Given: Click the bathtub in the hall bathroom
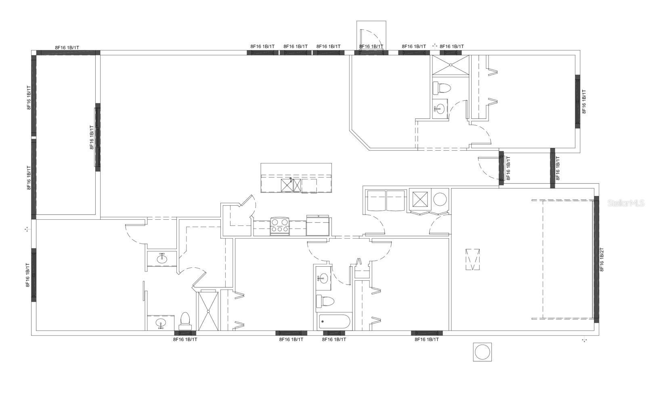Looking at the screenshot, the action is (x=335, y=322).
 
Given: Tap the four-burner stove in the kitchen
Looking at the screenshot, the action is (x=280, y=226).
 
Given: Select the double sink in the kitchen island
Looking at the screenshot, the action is (x=291, y=185).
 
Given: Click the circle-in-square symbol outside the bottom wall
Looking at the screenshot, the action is (x=482, y=352).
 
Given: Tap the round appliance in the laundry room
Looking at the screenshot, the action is (x=440, y=200).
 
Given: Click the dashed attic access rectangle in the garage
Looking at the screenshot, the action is (x=473, y=259).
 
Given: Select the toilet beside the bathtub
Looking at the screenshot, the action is (x=325, y=301).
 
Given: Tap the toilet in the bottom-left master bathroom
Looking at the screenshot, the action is (x=185, y=321).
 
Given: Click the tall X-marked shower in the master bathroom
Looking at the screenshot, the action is (x=208, y=311).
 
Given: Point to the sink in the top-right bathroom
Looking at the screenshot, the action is (x=440, y=109).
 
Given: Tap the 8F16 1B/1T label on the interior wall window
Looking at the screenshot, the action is (x=92, y=137).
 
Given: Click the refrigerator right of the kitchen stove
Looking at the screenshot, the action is (x=317, y=225).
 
